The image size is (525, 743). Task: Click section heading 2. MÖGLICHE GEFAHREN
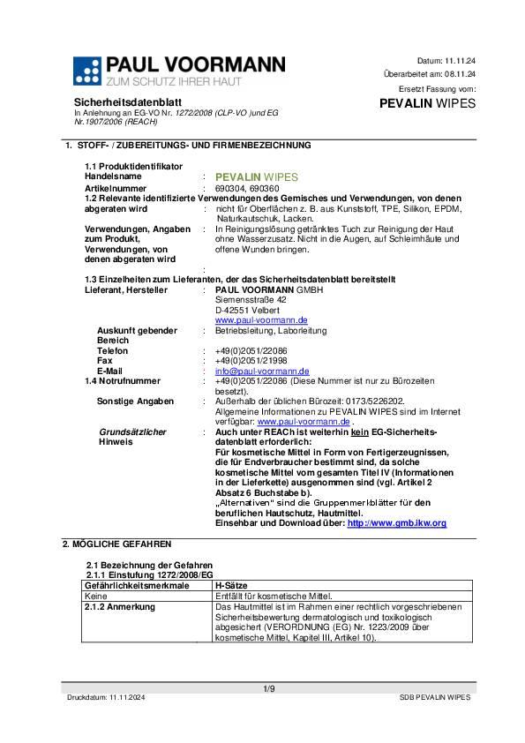click(116, 544)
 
